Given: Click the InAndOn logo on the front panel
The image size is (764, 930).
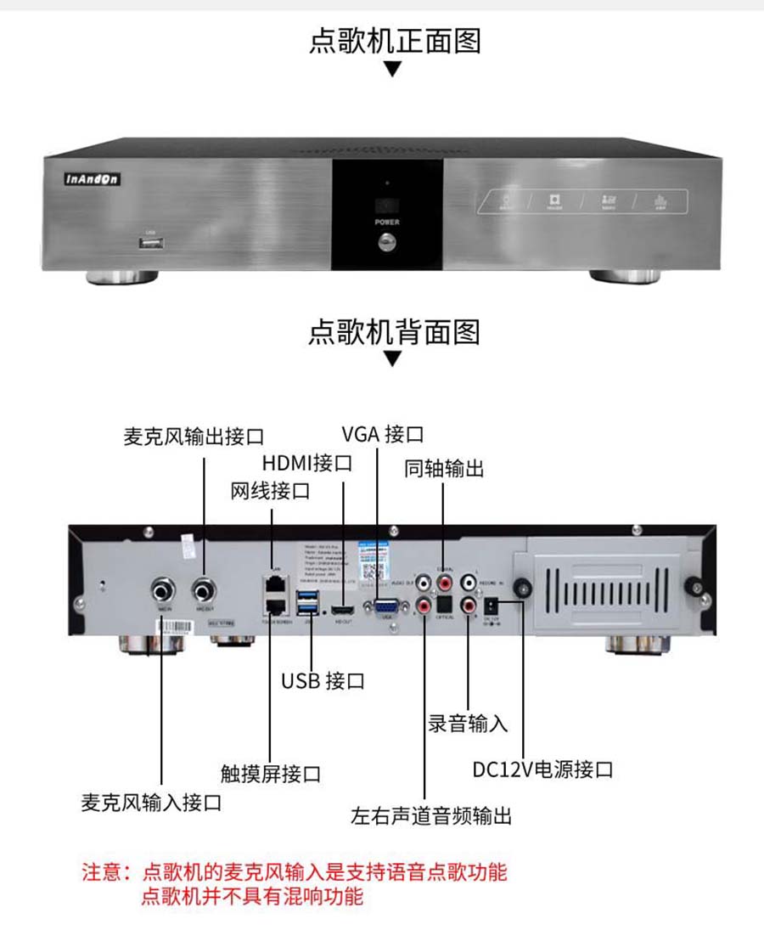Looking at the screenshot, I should coord(93,179).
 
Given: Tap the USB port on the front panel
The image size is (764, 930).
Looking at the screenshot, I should coord(151,244).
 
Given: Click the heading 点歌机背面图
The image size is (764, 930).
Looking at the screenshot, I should coord(394,330).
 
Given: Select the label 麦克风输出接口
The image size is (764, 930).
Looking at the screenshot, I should coord(194,437).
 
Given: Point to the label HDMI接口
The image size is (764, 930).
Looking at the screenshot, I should coord(306,463).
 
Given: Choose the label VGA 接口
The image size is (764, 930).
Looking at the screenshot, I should coord(382,434).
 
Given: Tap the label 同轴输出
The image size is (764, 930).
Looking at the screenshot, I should coord(444,468).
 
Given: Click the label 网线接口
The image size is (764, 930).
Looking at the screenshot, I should coord(270,491).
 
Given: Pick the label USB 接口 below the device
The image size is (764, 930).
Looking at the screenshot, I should coord(323,680).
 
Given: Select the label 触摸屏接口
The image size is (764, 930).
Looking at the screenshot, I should coord(270,774).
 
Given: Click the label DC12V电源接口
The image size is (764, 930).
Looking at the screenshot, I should coord(542,769).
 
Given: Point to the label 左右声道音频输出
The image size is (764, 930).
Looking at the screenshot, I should coord(431,816).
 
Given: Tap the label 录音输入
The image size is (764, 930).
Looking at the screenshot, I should coord(468,724).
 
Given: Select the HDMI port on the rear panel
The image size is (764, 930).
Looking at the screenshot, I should coord(343,610).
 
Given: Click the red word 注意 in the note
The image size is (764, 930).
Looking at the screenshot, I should coord(100,871).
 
